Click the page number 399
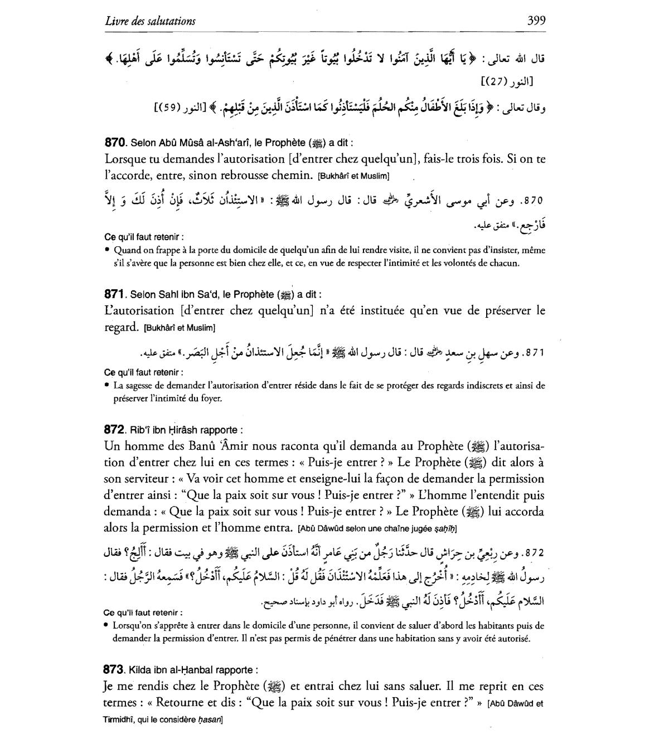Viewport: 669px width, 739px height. pyautogui.click(x=536, y=21)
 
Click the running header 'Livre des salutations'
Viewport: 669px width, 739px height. pyautogui.click(x=150, y=22)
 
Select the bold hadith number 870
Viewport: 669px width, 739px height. pyautogui.click(x=116, y=142)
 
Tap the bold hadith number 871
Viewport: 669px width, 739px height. pyautogui.click(x=115, y=294)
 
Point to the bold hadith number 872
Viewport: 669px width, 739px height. pyautogui.click(x=115, y=430)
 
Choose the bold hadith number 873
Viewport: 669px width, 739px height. pyautogui.click(x=115, y=669)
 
